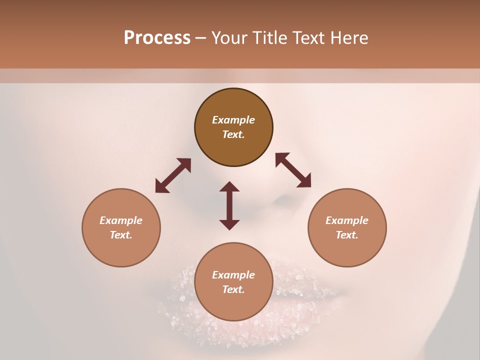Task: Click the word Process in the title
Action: pos(157,38)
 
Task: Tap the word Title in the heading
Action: pos(270,38)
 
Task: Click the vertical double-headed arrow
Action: pos(229,205)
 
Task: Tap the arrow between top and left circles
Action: pos(173,175)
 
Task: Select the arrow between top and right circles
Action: pos(293,170)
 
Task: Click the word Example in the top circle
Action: pos(233,120)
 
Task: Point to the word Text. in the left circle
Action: pos(121,235)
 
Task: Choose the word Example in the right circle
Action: pos(347,220)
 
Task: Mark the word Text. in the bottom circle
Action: pos(233,289)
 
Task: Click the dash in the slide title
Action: pos(201,38)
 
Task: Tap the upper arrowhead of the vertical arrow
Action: pos(229,186)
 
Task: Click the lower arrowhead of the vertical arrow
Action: pos(229,224)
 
